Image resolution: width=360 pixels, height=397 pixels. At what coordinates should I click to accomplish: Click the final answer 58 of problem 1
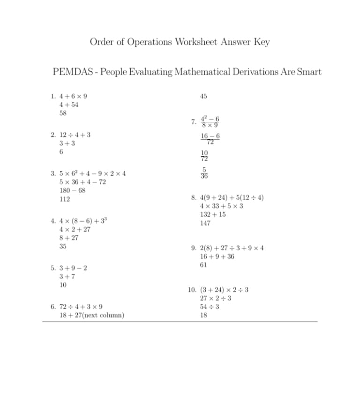pos(63,113)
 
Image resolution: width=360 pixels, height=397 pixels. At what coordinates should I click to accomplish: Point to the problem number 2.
pos(52,135)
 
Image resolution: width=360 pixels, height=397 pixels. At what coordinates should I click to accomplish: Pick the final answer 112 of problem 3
pos(65,199)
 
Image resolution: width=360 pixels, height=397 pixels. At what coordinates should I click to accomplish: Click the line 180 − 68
pos(72,191)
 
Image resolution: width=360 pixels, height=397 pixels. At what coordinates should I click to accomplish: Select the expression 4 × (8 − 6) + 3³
pos(84,221)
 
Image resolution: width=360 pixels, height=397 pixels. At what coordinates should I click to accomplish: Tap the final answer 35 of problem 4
pos(63,246)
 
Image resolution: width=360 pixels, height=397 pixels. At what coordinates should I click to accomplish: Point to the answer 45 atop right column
pos(203,97)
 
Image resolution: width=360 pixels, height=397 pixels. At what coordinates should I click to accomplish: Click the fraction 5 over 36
pos(204,173)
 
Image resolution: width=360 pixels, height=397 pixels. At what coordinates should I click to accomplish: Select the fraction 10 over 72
pos(204,156)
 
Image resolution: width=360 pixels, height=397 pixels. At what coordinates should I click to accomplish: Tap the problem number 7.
pos(193,122)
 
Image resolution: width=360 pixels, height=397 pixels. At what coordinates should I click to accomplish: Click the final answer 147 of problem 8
pos(205,223)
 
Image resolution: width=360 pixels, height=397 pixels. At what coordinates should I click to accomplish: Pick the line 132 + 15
pos(212,215)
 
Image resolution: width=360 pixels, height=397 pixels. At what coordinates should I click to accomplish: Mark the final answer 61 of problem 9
pos(203,265)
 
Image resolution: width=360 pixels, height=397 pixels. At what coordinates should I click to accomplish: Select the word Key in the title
pos(262,42)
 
